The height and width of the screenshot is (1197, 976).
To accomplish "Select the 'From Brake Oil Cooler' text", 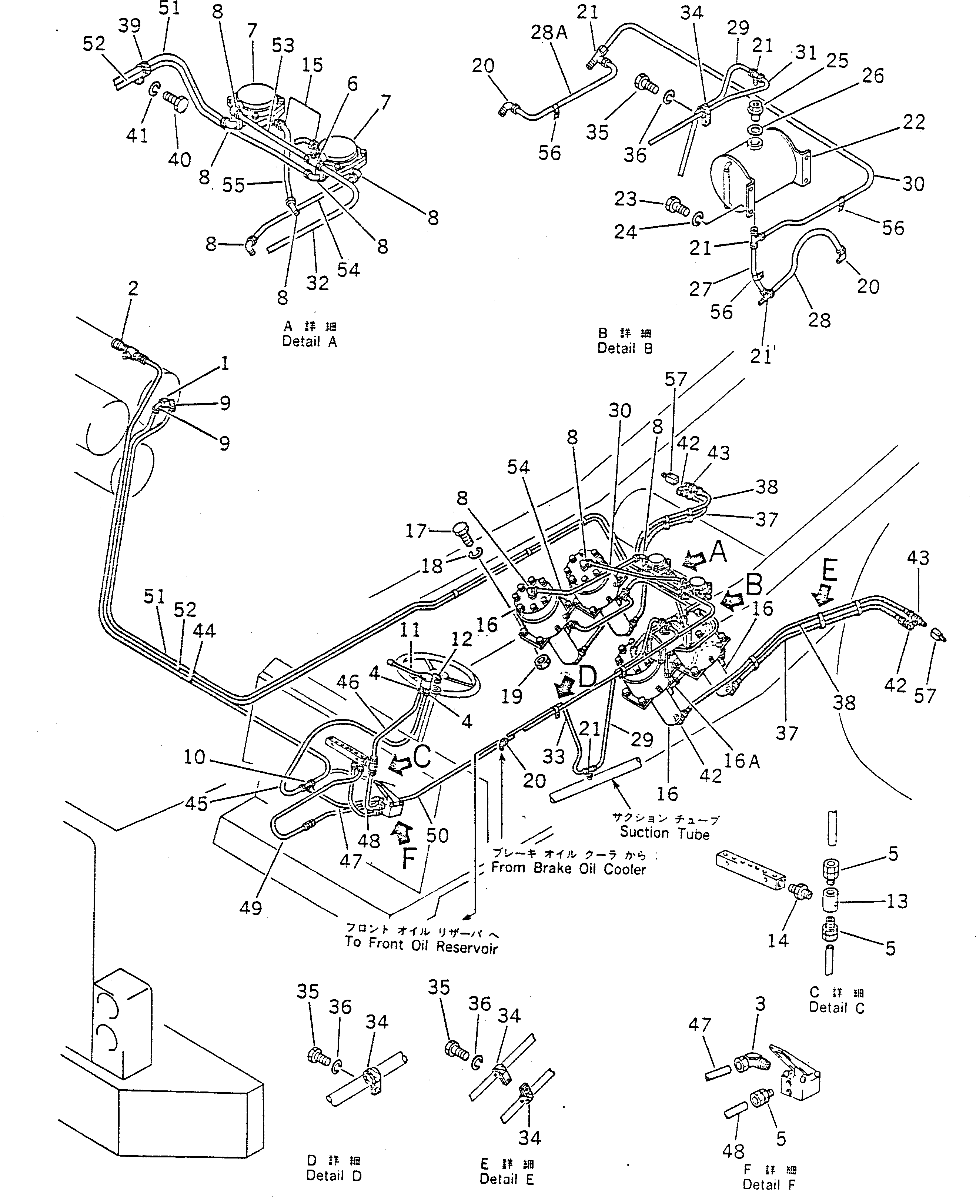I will coord(568,868).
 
